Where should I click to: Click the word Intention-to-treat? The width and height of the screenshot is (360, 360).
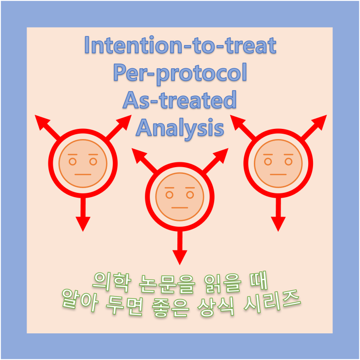coord(180,46)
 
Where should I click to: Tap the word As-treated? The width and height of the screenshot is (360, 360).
coord(180,100)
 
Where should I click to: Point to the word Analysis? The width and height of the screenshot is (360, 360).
coord(180,128)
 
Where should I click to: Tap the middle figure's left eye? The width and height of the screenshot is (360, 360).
coord(170,195)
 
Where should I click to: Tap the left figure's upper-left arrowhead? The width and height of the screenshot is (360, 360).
coord(41,122)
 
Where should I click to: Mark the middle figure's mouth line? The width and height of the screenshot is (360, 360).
coord(179,208)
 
